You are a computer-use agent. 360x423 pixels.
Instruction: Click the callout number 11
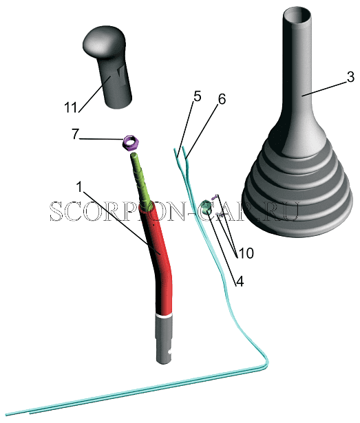(71, 107)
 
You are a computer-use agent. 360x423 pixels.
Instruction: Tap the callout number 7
(75, 134)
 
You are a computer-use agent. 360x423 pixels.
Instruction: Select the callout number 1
(79, 187)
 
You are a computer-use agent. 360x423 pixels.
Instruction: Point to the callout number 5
(198, 96)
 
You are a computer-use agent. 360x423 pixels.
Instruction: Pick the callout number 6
(222, 99)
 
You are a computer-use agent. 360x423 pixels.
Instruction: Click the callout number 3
(350, 77)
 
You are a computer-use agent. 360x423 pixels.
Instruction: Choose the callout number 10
(246, 253)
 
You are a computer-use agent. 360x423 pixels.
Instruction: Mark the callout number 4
(240, 281)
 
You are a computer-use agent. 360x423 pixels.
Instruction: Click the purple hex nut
(131, 143)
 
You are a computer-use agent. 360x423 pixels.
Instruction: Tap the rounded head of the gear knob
(104, 41)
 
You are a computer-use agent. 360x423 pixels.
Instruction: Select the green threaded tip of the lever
(140, 180)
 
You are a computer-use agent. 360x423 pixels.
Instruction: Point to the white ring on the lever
(164, 316)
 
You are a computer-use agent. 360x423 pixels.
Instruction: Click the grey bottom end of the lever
(164, 340)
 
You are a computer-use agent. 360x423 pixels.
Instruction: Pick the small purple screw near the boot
(215, 197)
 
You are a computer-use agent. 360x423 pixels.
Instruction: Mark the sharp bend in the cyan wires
(266, 363)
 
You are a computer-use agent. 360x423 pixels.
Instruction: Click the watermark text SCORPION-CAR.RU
(174, 211)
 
